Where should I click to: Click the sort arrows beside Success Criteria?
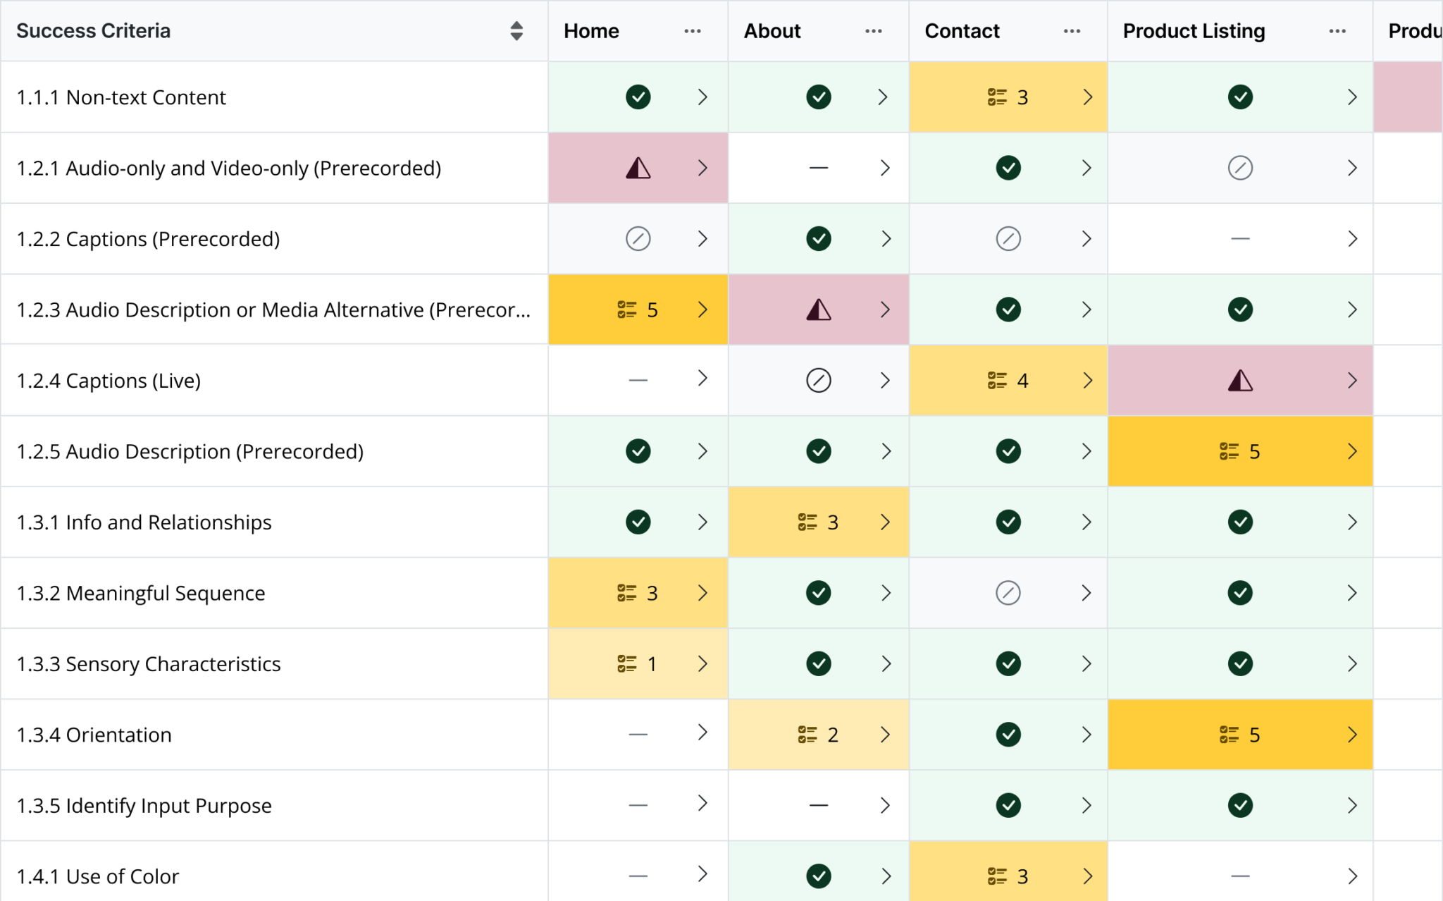click(x=516, y=31)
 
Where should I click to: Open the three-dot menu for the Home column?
click(x=692, y=31)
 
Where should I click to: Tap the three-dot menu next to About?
click(x=873, y=31)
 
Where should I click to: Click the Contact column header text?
click(x=962, y=31)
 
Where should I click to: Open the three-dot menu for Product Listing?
click(x=1337, y=31)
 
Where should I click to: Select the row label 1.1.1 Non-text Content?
click(x=121, y=97)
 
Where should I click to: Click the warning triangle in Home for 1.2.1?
click(x=638, y=168)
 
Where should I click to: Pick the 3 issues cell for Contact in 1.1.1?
click(x=1008, y=97)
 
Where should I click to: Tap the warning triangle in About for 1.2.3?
click(x=819, y=309)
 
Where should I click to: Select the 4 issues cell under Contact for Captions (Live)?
click(x=1008, y=381)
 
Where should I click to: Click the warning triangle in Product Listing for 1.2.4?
click(x=1240, y=381)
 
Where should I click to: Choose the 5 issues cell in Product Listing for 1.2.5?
click(x=1240, y=451)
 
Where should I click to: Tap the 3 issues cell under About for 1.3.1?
click(x=819, y=522)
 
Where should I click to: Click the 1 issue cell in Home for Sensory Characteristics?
click(x=638, y=664)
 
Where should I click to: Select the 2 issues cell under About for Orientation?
click(x=819, y=735)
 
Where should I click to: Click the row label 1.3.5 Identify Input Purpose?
click(x=144, y=806)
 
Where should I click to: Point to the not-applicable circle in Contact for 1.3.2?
click(x=1008, y=593)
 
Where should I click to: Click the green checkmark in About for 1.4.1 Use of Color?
click(x=819, y=876)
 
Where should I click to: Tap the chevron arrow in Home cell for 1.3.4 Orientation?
click(x=702, y=733)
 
